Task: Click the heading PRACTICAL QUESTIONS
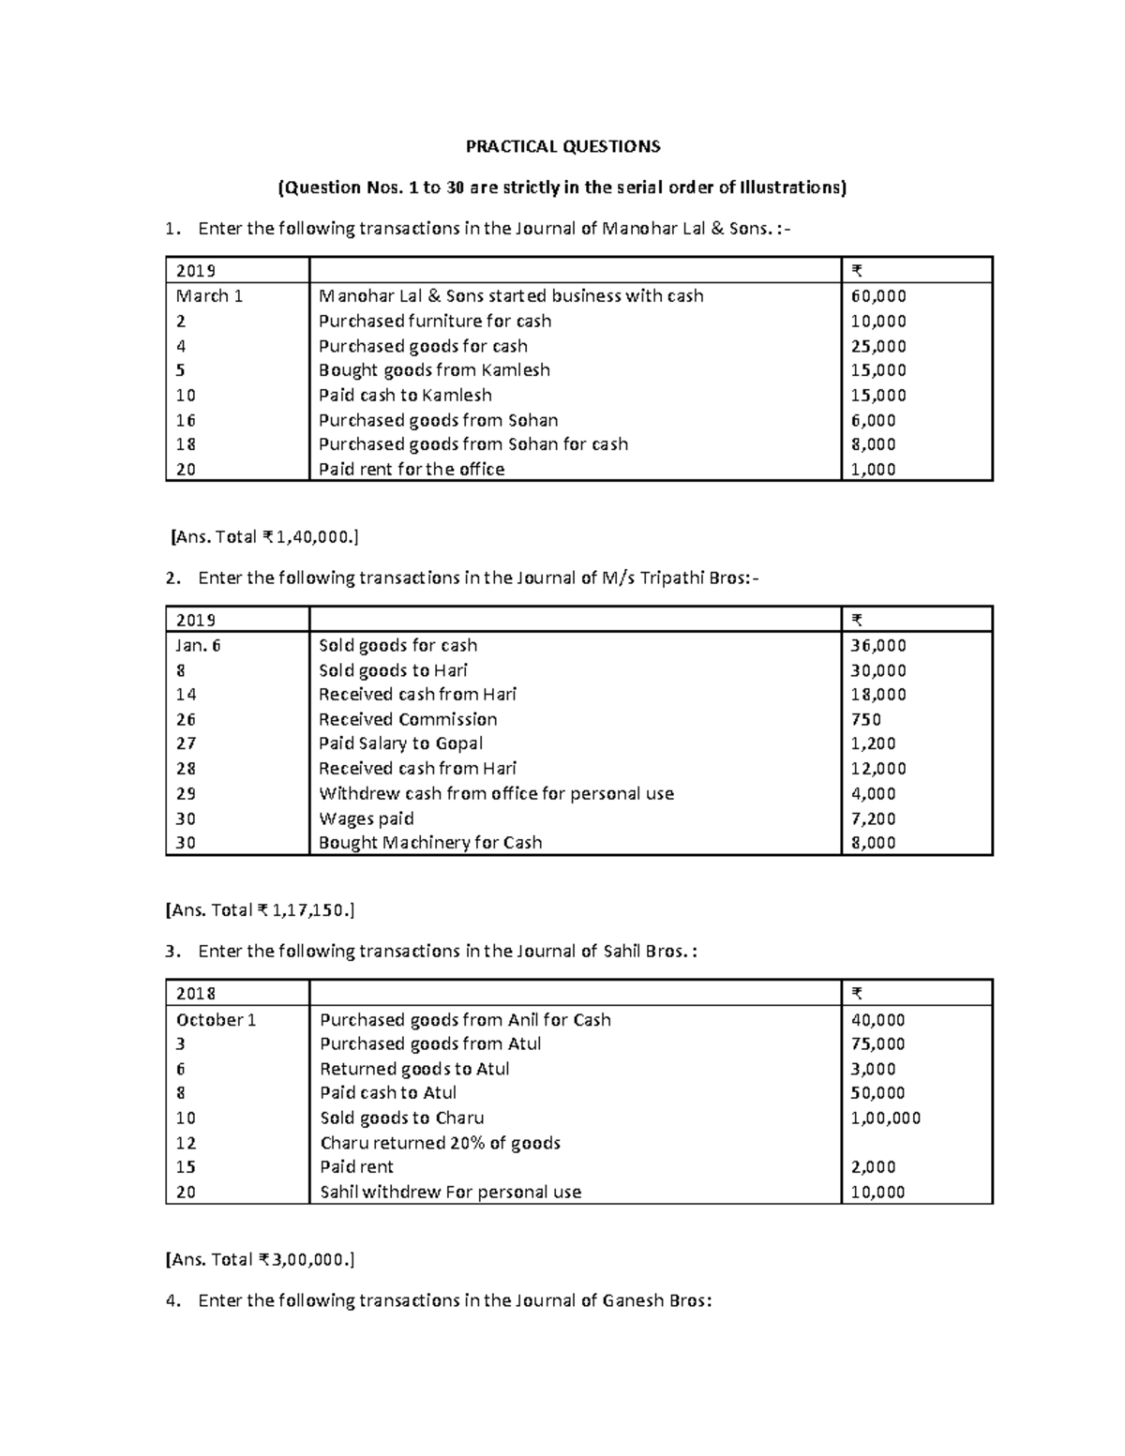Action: (563, 146)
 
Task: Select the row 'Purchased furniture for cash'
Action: (435, 321)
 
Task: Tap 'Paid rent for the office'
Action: (412, 469)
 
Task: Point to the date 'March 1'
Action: (209, 296)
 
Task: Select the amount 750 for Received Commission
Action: (865, 719)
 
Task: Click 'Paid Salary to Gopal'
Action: (400, 743)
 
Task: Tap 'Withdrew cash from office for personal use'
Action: (496, 793)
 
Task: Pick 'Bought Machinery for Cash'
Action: (430, 843)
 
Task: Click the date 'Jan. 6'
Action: (198, 645)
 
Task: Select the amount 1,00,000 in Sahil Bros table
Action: (885, 1118)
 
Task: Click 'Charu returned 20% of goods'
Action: (440, 1143)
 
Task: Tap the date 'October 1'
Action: (216, 1019)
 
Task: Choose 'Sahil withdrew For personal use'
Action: (450, 1192)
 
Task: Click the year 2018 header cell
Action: (196, 994)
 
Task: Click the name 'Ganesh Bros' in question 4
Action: (656, 1300)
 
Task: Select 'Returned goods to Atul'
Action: (414, 1069)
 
